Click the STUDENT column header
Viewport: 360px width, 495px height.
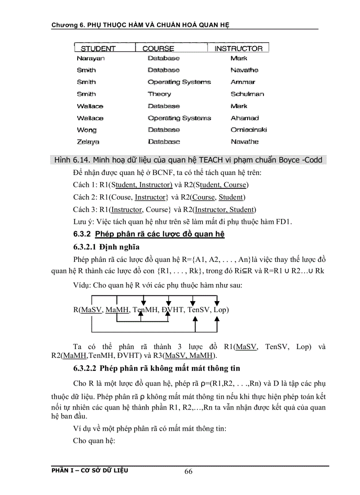98,48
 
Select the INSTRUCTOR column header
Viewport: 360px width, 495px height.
238,48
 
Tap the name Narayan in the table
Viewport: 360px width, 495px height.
90,58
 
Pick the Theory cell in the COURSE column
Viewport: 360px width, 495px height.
159,94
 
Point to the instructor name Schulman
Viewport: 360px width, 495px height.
247,94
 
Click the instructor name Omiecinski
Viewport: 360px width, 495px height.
248,130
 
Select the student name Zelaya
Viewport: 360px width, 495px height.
88,141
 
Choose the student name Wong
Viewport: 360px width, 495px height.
86,130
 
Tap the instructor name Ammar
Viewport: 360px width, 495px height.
243,82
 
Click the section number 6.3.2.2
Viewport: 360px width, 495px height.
86,368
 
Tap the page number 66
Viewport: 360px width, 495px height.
188,472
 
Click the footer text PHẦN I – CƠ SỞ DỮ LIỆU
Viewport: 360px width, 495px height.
90,470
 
